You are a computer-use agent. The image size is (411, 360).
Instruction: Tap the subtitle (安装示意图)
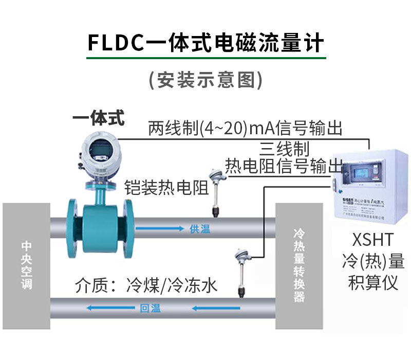point(206,80)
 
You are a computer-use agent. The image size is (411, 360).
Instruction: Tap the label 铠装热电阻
point(166,188)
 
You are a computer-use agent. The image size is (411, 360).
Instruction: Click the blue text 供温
point(200,229)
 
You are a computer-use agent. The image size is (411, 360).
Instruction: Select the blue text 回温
point(150,309)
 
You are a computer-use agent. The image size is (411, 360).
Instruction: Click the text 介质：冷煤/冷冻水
point(146,285)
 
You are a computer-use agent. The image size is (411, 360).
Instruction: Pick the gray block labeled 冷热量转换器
point(299,265)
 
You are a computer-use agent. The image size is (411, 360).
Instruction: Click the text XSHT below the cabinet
point(373,240)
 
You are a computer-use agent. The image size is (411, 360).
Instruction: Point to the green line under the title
point(206,58)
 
